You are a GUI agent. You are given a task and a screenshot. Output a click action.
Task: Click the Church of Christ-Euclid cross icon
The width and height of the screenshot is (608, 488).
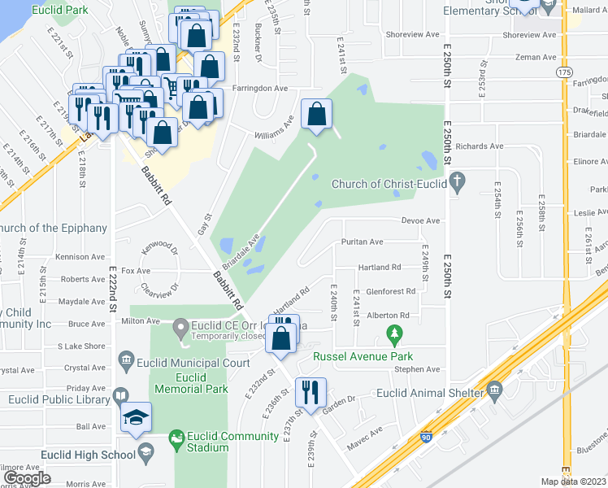pyautogui.click(x=458, y=183)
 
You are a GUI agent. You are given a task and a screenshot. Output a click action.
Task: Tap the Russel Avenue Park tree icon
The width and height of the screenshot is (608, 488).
pyautogui.click(x=394, y=333)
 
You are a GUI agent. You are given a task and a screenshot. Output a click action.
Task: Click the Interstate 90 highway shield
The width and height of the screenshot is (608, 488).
pyautogui.click(x=427, y=437)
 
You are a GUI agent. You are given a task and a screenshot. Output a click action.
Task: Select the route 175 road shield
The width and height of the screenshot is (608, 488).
pyautogui.click(x=564, y=72)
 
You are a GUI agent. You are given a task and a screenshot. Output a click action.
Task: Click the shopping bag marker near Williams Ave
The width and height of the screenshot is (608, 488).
pyautogui.click(x=317, y=115)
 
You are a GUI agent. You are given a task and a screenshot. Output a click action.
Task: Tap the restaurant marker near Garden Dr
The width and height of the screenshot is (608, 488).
pyautogui.click(x=310, y=392)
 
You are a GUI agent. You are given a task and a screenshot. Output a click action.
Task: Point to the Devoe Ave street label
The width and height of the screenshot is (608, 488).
pyautogui.click(x=420, y=220)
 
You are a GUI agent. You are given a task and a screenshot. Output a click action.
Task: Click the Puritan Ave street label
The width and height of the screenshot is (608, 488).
pyautogui.click(x=363, y=242)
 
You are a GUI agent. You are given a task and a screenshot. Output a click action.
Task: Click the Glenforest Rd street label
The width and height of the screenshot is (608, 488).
pyautogui.click(x=391, y=291)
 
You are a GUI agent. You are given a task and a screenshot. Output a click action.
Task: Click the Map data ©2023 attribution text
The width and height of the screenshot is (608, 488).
pyautogui.click(x=573, y=481)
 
